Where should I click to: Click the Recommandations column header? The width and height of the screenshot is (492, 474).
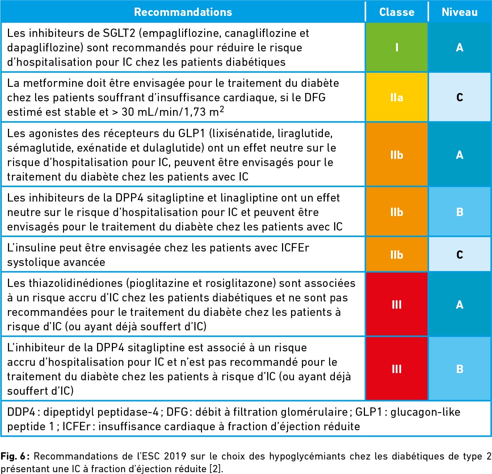click(x=183, y=12)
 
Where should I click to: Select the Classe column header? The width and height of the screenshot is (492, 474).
click(x=397, y=12)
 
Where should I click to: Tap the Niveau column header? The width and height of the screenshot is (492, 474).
click(x=460, y=12)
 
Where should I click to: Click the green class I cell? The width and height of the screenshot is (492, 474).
click(x=397, y=47)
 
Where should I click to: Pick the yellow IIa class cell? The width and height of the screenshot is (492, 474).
click(x=397, y=97)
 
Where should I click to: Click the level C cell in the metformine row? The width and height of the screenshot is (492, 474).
click(x=460, y=97)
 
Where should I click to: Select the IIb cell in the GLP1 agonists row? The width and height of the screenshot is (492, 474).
click(x=397, y=155)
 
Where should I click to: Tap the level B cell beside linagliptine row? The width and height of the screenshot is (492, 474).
click(x=460, y=212)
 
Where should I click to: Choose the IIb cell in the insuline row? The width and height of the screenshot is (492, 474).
click(x=397, y=254)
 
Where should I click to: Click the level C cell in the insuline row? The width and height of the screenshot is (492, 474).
click(x=460, y=254)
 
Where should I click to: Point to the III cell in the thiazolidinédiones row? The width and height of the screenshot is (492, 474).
click(x=397, y=304)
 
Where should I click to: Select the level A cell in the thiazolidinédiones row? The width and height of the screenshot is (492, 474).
click(x=460, y=304)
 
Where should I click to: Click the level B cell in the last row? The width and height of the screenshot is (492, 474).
click(x=460, y=369)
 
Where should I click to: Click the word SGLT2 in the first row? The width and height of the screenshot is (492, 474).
click(x=119, y=33)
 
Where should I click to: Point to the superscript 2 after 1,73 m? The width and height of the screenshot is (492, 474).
click(x=222, y=109)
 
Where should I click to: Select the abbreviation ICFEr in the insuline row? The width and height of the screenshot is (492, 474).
click(x=295, y=248)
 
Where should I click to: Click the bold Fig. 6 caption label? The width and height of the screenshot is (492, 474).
click(x=15, y=456)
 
